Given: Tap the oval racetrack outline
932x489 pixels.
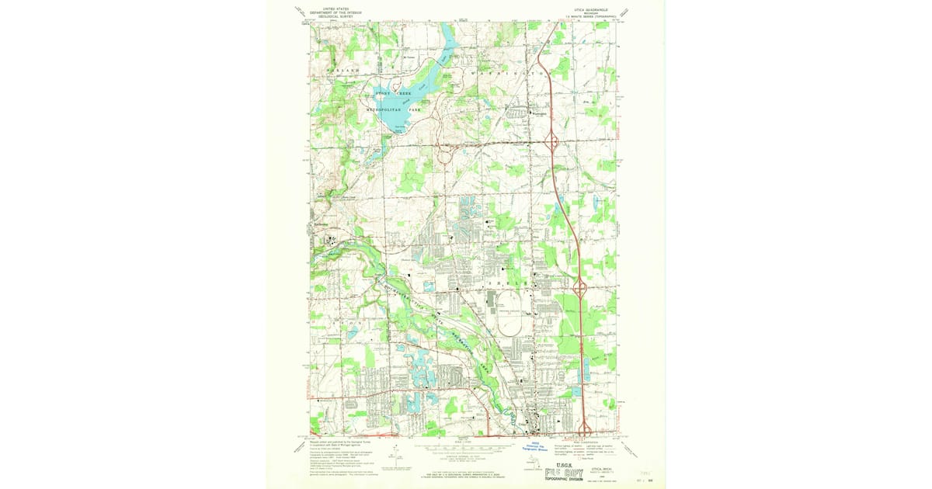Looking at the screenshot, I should [509, 321].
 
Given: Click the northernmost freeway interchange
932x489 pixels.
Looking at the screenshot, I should [551, 142].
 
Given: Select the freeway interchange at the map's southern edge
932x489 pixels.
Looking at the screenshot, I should [585, 428].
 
